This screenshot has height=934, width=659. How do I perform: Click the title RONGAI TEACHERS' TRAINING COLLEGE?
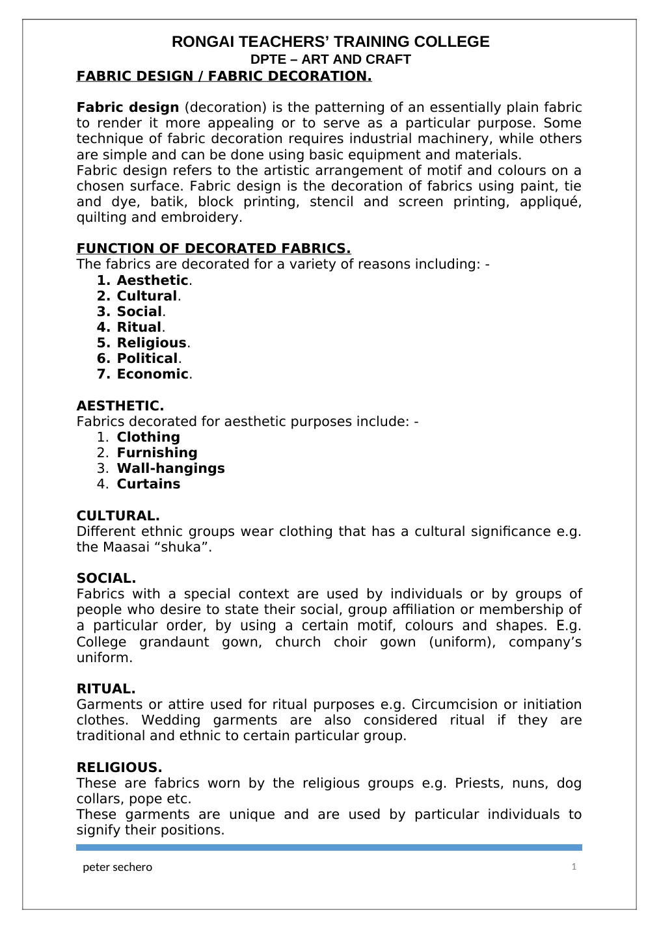[330, 42]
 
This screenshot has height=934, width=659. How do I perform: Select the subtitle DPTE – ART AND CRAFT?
[330, 60]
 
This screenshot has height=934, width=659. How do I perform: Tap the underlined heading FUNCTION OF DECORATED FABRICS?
[213, 248]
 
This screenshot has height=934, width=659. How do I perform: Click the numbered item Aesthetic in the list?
[152, 280]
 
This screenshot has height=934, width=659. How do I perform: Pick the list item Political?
[147, 358]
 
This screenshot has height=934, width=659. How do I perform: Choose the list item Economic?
[152, 374]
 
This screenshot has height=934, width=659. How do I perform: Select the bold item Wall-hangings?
[170, 468]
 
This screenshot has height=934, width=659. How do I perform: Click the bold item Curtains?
[148, 484]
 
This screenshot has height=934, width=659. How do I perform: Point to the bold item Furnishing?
[157, 453]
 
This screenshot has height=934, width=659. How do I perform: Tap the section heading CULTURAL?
[118, 516]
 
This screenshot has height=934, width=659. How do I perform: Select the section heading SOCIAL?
[106, 578]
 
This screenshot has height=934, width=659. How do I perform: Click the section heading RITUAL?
[106, 689]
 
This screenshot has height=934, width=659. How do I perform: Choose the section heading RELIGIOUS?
[119, 767]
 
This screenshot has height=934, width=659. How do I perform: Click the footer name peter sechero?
[118, 867]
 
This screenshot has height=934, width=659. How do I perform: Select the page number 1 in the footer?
[574, 866]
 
